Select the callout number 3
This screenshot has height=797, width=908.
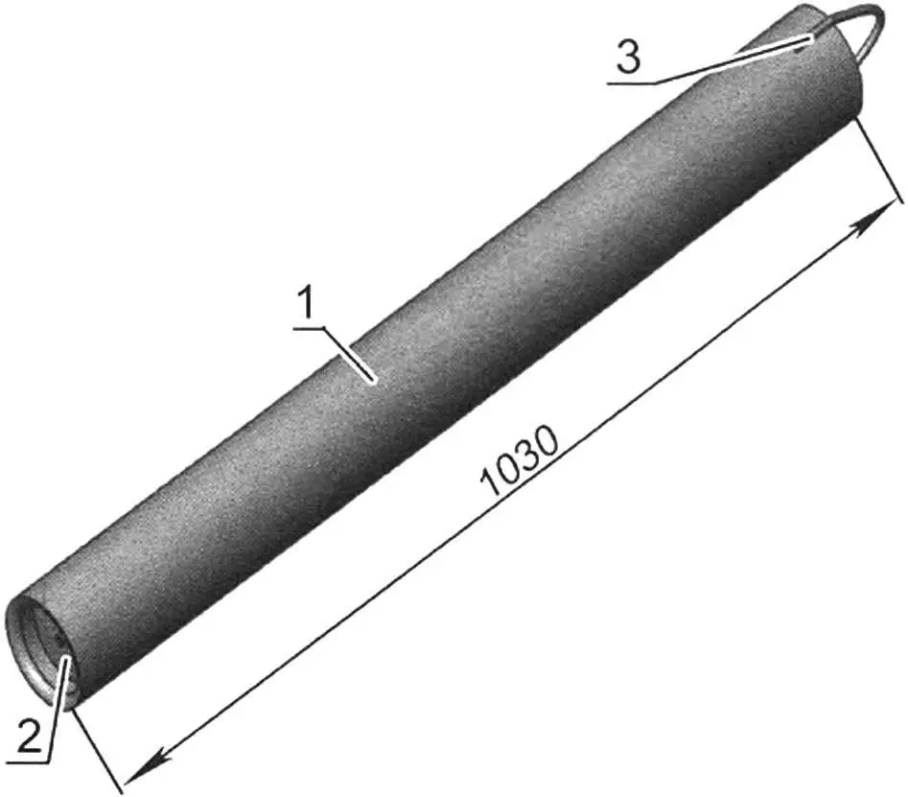627,59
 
